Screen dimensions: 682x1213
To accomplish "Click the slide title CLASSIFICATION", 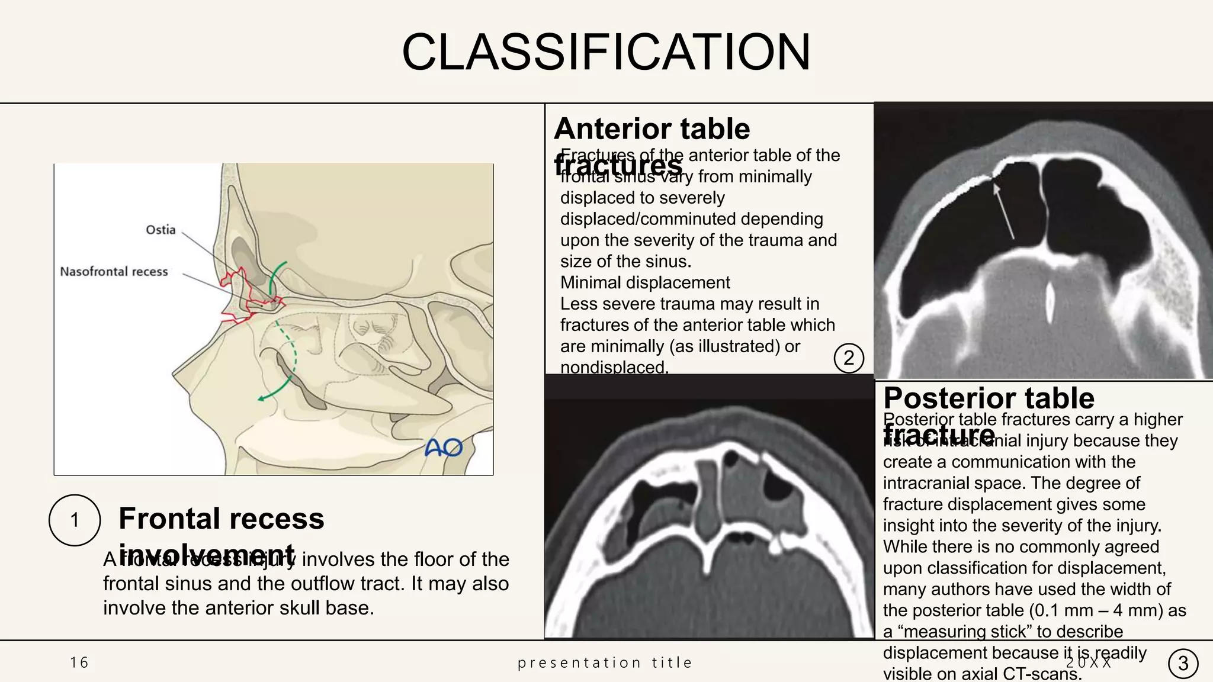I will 606,52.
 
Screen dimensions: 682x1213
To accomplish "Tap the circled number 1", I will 75,520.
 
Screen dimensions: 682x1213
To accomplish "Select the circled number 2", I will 848,358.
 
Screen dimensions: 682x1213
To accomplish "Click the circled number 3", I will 1183,663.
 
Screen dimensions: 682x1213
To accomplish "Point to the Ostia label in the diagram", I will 161,230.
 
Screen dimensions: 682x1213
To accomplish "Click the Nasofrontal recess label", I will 114,272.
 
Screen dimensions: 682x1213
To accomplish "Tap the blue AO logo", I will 444,448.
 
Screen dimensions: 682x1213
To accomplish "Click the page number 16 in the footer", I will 79,662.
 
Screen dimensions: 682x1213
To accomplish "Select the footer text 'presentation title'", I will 605,662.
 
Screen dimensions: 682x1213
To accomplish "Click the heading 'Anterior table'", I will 652,128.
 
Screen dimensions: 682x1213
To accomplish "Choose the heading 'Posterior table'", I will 989,398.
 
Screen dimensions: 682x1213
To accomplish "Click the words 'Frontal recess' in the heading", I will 221,519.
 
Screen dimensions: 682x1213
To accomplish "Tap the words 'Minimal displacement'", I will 645,282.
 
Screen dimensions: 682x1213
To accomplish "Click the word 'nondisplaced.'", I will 614,368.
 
